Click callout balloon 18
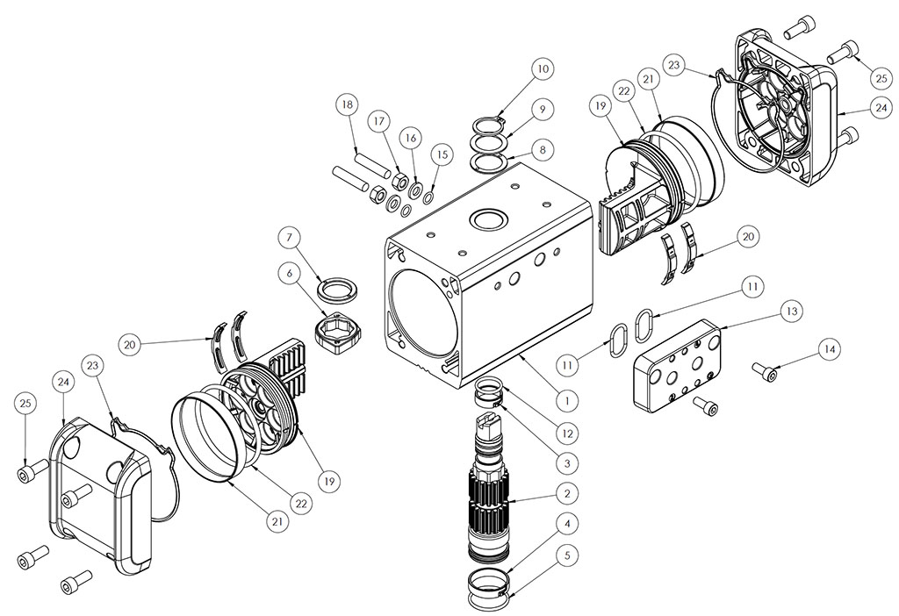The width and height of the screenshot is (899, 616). pyautogui.click(x=348, y=104)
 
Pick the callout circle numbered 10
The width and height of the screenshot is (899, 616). pyautogui.click(x=542, y=68)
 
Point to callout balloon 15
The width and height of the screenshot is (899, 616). pyautogui.click(x=442, y=154)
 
